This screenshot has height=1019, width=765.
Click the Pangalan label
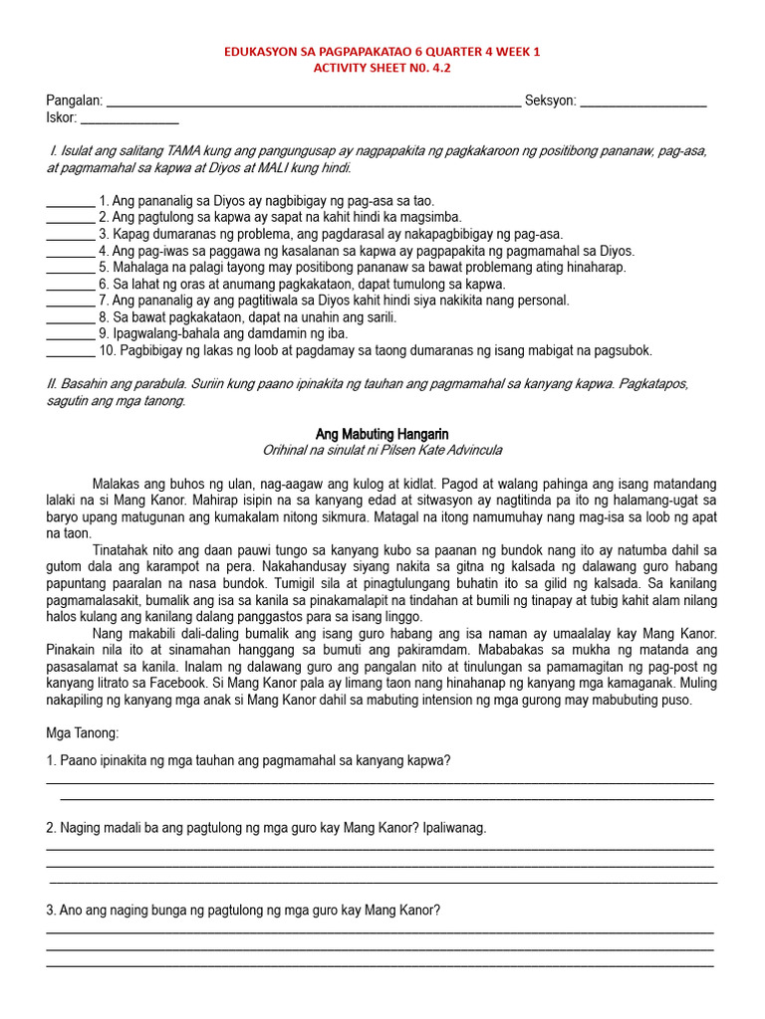click(x=74, y=101)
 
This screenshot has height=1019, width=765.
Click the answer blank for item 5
click(x=70, y=269)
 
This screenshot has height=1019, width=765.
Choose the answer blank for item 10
click(x=70, y=352)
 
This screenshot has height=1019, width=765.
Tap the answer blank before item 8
click(x=70, y=318)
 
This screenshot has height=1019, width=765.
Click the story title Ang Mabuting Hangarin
click(x=382, y=434)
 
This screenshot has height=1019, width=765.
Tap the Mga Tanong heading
click(x=83, y=733)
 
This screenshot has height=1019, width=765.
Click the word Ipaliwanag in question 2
click(x=454, y=828)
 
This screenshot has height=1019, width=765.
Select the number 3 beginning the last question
click(x=51, y=911)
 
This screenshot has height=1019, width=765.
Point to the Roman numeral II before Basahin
click(x=52, y=384)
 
